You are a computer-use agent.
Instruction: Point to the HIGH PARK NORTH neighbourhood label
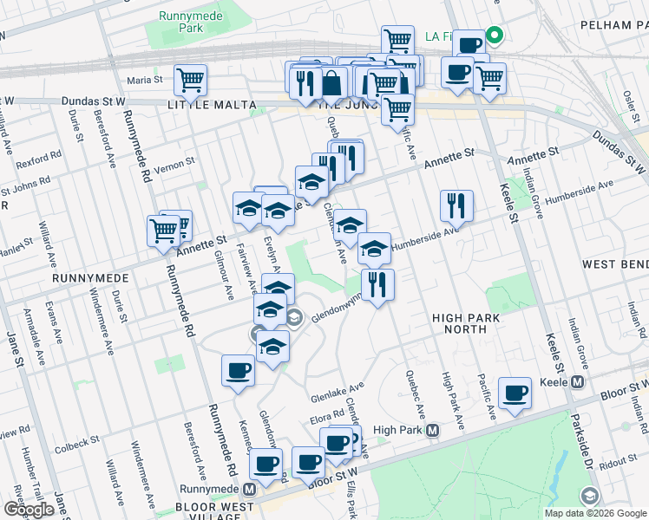[466, 323]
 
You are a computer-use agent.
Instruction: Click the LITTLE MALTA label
[212, 105]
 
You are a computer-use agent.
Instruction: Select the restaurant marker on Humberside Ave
[456, 206]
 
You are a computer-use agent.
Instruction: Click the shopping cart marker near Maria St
[189, 81]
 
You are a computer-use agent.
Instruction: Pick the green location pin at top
[495, 36]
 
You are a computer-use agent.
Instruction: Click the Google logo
[29, 510]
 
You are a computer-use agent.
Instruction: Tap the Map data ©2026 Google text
[594, 513]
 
